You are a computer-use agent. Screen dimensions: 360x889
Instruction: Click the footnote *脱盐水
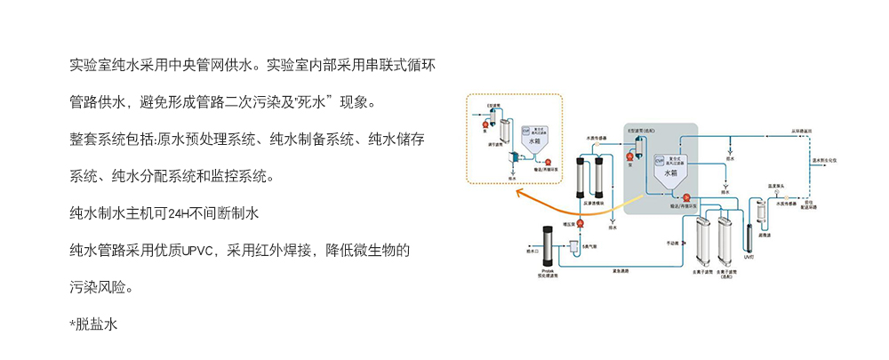point(93,325)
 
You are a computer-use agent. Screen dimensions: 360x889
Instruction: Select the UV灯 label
point(749,257)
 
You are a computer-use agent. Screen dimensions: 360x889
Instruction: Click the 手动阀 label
point(673,242)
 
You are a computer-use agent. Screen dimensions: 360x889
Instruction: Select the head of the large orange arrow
point(520,193)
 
